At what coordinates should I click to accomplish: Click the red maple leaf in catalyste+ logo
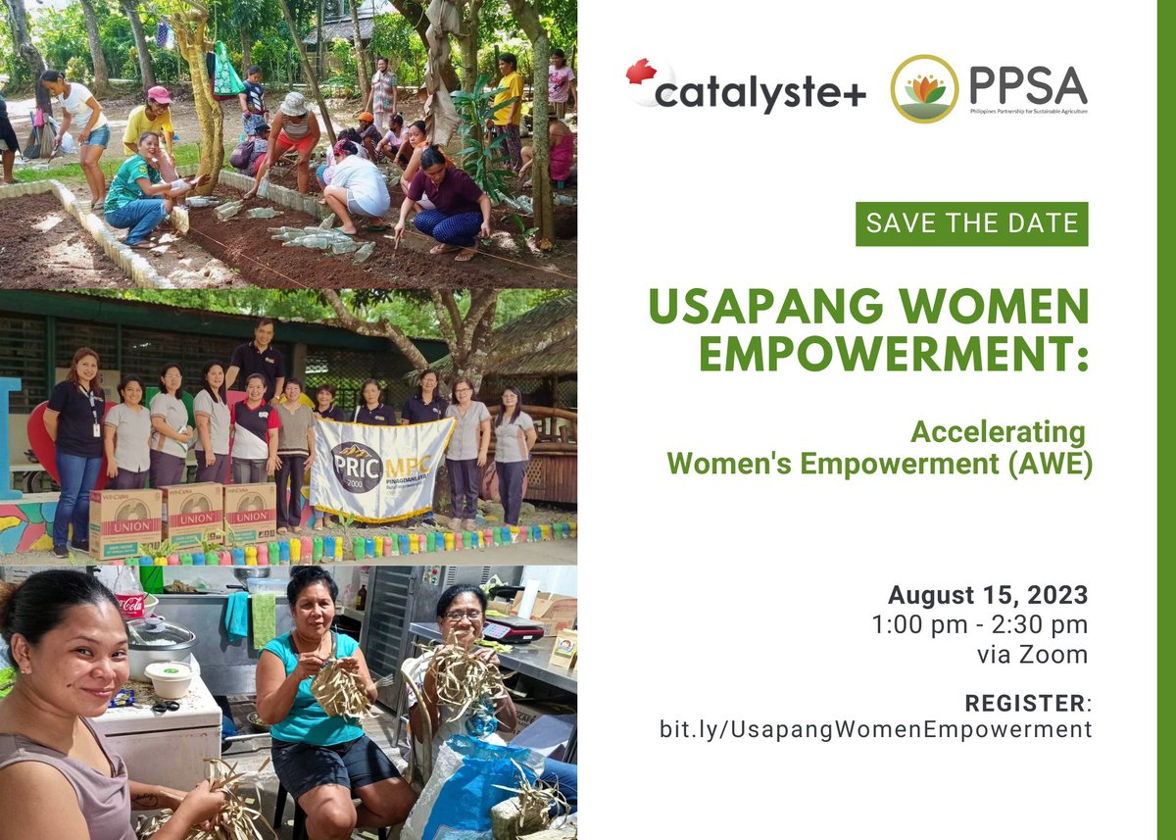641,72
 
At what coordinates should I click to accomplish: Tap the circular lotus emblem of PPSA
924,88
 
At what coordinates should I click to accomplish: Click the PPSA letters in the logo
1027,86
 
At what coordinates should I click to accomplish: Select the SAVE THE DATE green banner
971,224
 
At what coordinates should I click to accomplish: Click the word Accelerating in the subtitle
998,431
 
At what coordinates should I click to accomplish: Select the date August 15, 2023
988,595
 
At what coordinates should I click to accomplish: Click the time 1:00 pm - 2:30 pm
980,625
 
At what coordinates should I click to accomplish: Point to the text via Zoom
1032,655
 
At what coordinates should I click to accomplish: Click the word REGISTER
1025,703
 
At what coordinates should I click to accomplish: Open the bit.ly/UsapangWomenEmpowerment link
875,729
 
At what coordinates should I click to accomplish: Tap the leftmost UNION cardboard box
125,521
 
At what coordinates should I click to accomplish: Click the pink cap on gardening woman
159,95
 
